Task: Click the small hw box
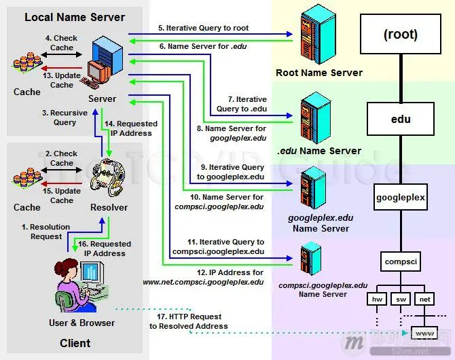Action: click(376, 298)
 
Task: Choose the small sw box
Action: click(401, 298)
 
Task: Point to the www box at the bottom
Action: click(424, 334)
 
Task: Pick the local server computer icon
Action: click(101, 61)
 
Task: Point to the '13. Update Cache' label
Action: click(62, 80)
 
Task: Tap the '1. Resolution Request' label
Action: click(46, 232)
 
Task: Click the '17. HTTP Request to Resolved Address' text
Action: click(189, 321)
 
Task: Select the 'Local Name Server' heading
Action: click(75, 16)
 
